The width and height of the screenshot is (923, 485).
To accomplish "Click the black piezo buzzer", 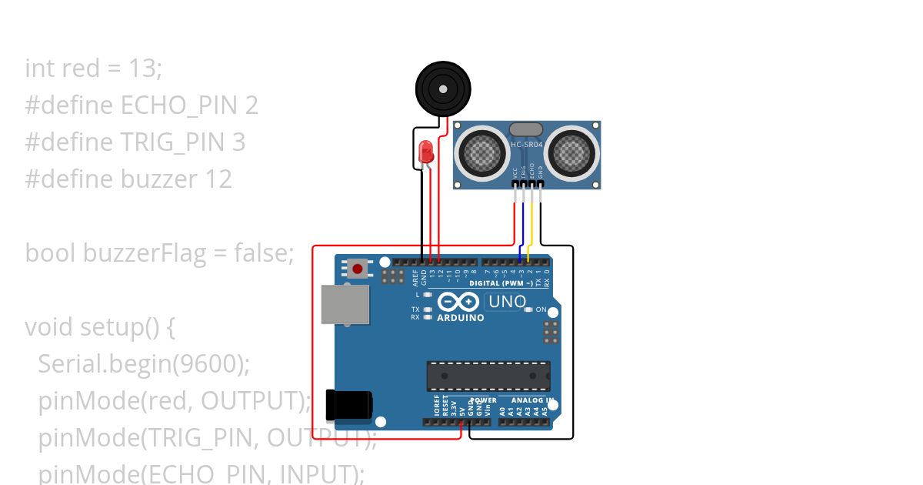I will click(x=442, y=89).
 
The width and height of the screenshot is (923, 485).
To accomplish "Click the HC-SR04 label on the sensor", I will click(x=527, y=144).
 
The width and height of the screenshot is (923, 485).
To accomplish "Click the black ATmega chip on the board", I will click(x=488, y=376).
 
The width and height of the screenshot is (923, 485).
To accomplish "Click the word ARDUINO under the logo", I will click(x=461, y=318).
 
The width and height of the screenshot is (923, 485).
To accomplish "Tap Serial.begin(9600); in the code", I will click(x=144, y=364).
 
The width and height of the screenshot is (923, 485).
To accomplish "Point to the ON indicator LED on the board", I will click(x=528, y=309).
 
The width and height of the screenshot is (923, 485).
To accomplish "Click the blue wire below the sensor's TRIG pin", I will click(x=523, y=227).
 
